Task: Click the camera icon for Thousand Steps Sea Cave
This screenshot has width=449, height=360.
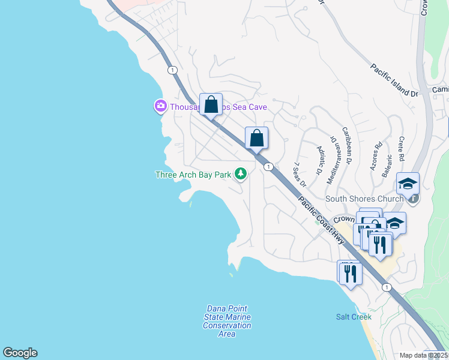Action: (x=160, y=107)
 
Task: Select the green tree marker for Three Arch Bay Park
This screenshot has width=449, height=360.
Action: (x=241, y=174)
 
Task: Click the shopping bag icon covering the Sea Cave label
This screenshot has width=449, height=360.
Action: (x=211, y=105)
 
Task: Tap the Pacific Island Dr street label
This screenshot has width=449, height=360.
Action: (x=394, y=80)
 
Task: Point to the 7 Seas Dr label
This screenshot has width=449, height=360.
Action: (x=300, y=173)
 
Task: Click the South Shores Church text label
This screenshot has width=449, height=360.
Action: (x=364, y=199)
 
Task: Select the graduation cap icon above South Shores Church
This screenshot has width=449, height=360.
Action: (x=408, y=184)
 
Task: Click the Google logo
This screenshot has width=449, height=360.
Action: (x=20, y=353)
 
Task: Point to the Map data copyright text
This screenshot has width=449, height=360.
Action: (x=424, y=355)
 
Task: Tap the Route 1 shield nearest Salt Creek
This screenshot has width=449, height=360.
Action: (x=387, y=287)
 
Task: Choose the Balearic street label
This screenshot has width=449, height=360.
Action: (x=387, y=165)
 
